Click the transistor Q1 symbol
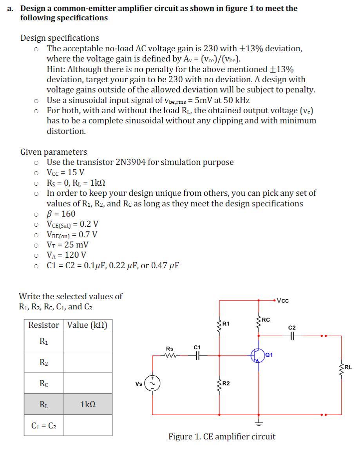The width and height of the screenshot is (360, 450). click(x=257, y=355)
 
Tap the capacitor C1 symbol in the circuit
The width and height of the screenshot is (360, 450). click(x=197, y=356)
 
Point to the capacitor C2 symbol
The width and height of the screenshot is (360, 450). click(x=292, y=336)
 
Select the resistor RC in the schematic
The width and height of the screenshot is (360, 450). click(x=258, y=322)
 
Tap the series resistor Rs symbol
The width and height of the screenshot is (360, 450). click(x=170, y=356)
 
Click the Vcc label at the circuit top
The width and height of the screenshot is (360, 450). click(x=282, y=300)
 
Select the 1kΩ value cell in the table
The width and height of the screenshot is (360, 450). click(x=87, y=404)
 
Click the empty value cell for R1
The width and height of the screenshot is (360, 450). click(x=87, y=341)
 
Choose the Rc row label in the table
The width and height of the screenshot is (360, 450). click(x=44, y=383)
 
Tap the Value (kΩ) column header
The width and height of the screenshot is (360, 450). click(x=87, y=325)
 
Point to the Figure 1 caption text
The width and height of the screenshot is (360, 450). click(x=222, y=436)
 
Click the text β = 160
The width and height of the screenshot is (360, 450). click(x=61, y=214)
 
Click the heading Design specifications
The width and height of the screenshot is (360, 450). click(x=60, y=38)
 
